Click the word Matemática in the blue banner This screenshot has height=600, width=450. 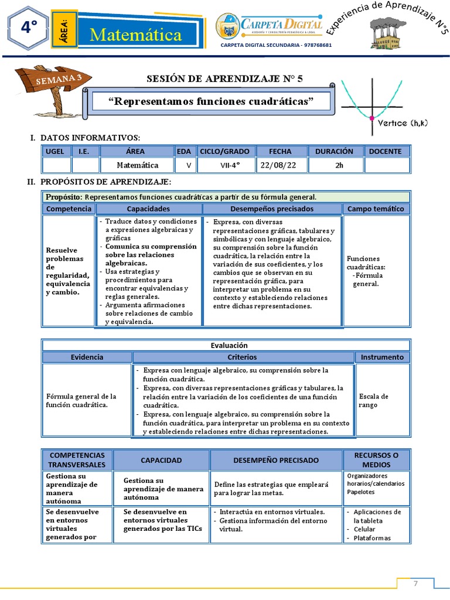pyautogui.click(x=136, y=35)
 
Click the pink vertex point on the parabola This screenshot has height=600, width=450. pyautogui.click(x=371, y=118)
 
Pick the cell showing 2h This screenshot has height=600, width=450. pyautogui.click(x=339, y=165)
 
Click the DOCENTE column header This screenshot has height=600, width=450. pyautogui.click(x=385, y=151)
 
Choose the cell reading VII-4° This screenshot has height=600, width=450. pyautogui.click(x=226, y=165)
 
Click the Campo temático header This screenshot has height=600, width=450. pyautogui.click(x=376, y=209)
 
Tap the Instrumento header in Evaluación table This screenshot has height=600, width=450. pyautogui.click(x=382, y=357)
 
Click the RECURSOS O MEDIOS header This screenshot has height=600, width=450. pyautogui.click(x=376, y=460)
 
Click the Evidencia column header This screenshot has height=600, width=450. pyautogui.click(x=87, y=357)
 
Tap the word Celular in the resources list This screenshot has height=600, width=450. pyautogui.click(x=364, y=529)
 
